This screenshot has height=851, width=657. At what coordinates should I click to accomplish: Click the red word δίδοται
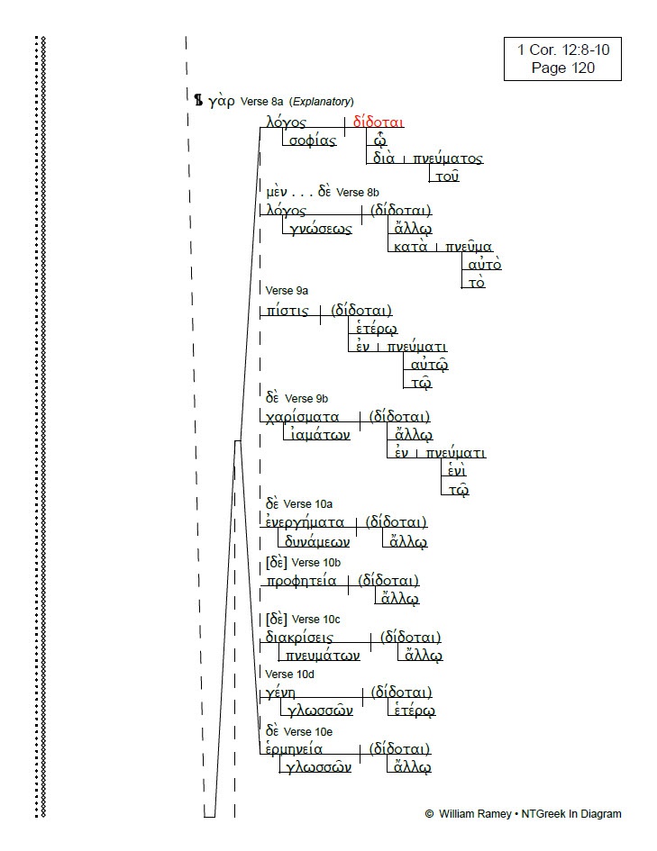click(378, 122)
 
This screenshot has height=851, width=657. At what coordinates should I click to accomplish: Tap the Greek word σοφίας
click(313, 140)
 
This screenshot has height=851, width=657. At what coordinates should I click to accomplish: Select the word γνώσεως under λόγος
click(320, 229)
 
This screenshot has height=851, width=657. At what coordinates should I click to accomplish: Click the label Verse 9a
click(287, 290)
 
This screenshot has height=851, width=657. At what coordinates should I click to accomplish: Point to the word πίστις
click(287, 311)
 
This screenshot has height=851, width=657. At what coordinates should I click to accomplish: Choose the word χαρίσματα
click(303, 417)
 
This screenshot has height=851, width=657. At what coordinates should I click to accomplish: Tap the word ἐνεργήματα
click(305, 522)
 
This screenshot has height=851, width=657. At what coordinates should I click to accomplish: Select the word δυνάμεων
click(317, 541)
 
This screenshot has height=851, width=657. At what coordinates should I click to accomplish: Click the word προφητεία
click(301, 581)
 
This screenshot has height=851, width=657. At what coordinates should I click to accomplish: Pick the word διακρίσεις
click(299, 638)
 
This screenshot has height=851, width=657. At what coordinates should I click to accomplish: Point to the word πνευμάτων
click(323, 656)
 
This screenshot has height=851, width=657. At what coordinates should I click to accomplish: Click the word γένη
click(280, 693)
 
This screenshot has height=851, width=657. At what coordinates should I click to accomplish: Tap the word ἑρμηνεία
click(294, 749)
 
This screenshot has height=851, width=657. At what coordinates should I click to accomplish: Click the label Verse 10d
click(289, 674)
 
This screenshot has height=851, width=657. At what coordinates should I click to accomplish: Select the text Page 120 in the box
click(563, 68)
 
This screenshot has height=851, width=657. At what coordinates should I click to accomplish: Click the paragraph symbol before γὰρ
click(199, 100)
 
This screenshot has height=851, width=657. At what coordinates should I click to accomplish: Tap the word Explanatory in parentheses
click(322, 102)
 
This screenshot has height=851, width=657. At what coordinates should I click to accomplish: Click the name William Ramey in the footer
click(475, 813)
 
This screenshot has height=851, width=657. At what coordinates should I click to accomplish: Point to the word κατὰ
click(410, 247)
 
